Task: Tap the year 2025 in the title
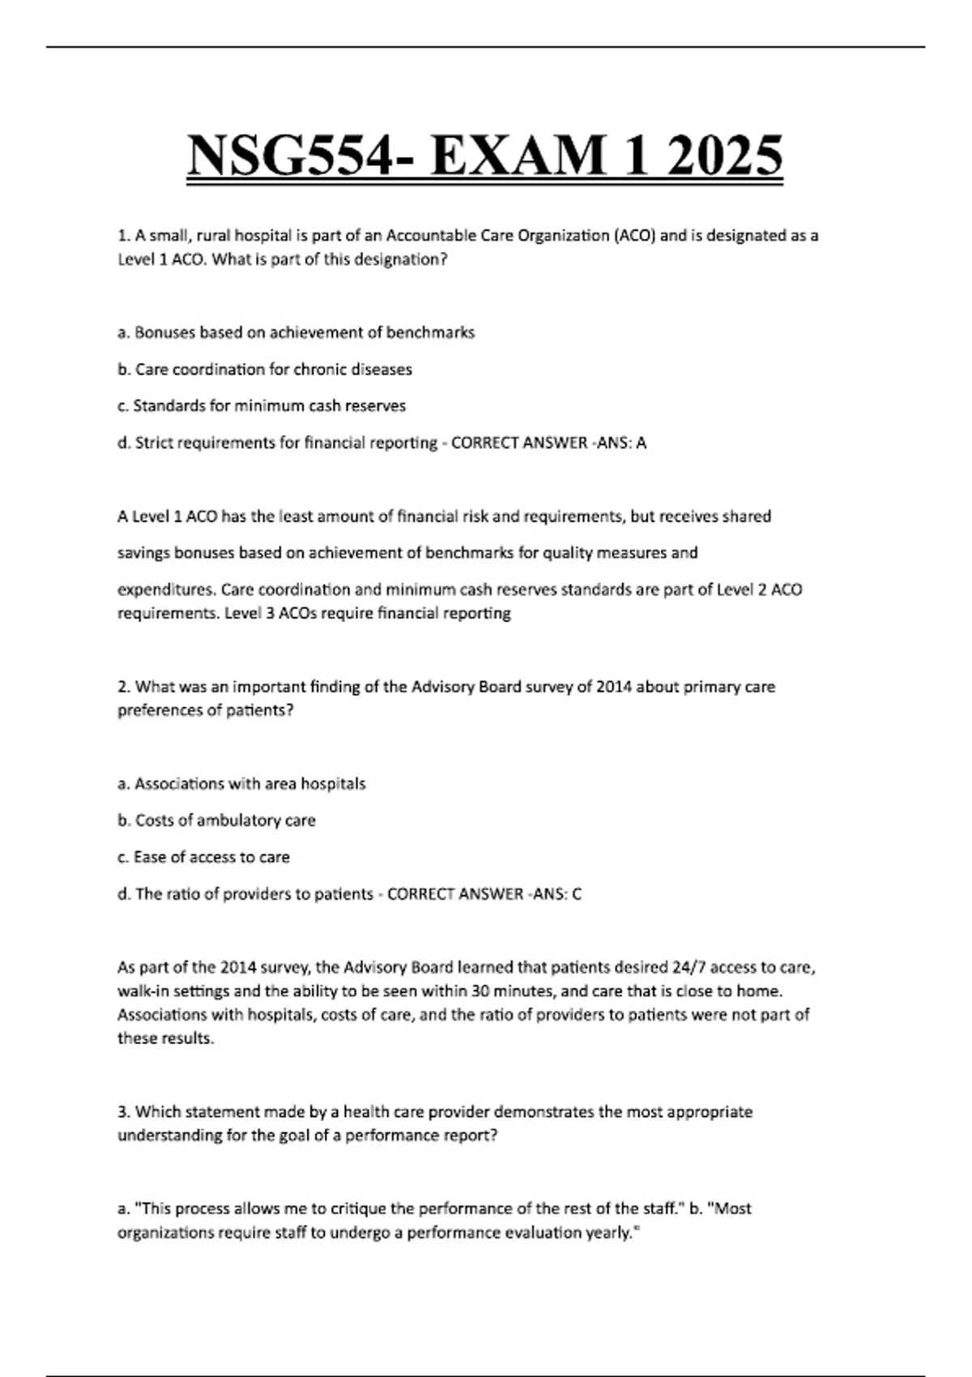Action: tap(723, 156)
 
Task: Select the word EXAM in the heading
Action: tap(518, 156)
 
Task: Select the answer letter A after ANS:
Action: tap(642, 443)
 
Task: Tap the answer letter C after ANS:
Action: tap(577, 894)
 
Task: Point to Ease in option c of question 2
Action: tap(150, 857)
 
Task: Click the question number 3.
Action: tap(123, 1112)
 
